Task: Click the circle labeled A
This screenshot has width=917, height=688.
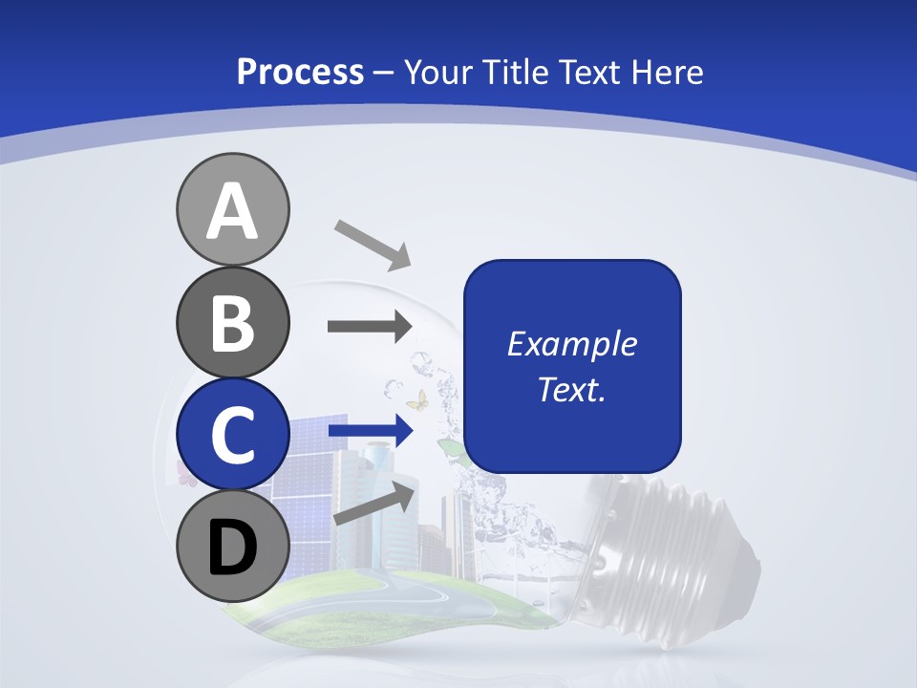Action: pyautogui.click(x=232, y=209)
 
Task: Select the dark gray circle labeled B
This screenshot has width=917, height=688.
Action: pyautogui.click(x=232, y=322)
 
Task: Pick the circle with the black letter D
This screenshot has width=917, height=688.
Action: pyautogui.click(x=232, y=546)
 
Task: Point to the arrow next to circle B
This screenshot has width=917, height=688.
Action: pyautogui.click(x=370, y=327)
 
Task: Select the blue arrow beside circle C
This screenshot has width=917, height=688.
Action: pyautogui.click(x=370, y=432)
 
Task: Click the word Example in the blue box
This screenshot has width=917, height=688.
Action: pyautogui.click(x=571, y=344)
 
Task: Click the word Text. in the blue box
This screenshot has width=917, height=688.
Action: pyautogui.click(x=571, y=389)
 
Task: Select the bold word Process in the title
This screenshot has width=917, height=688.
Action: pyautogui.click(x=300, y=72)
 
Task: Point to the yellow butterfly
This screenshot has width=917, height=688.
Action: pyautogui.click(x=416, y=399)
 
